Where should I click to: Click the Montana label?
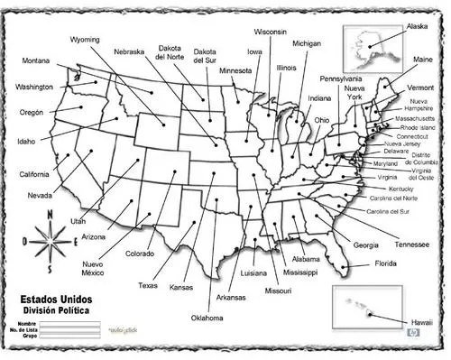click(37, 60)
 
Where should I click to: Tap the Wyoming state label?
click(85, 41)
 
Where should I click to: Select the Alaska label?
click(418, 27)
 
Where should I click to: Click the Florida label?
click(385, 264)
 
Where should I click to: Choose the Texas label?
click(148, 285)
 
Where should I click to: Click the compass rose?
click(51, 238)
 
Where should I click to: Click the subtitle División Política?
click(56, 309)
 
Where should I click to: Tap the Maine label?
click(423, 60)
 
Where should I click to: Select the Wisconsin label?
click(270, 32)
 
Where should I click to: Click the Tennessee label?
click(412, 244)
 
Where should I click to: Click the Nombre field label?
click(25, 322)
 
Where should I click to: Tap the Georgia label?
click(366, 245)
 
